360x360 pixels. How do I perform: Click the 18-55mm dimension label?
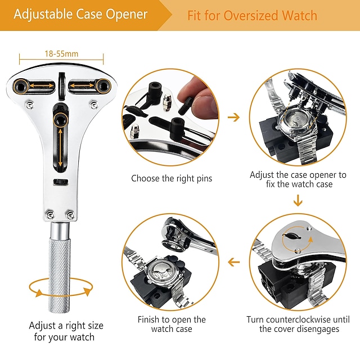click(x=61, y=54)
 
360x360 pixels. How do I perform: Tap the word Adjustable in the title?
click(x=40, y=15)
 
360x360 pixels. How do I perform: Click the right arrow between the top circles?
click(x=233, y=117)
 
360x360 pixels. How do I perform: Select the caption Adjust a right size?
click(x=66, y=326)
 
